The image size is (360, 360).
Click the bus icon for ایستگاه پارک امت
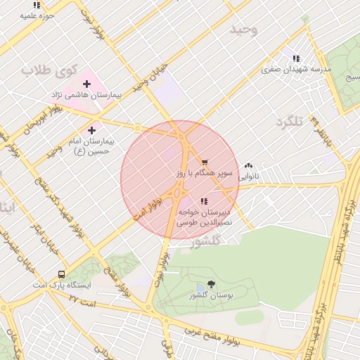pyautogui.click(x=61, y=275)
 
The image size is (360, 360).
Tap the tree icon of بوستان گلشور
pyautogui.click(x=212, y=285)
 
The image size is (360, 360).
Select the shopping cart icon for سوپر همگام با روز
pyautogui.click(x=204, y=162)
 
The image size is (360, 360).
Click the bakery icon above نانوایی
pyautogui.click(x=248, y=166)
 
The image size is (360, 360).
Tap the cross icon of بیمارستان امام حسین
pyautogui.click(x=91, y=130)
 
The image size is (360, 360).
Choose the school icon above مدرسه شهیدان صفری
pyautogui.click(x=296, y=58)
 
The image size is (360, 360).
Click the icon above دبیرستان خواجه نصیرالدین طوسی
pyautogui.click(x=204, y=201)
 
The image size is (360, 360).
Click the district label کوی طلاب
pyautogui.click(x=48, y=71)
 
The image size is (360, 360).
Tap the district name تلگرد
pyautogui.click(x=288, y=122)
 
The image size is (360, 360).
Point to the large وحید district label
pyautogui.click(x=244, y=30)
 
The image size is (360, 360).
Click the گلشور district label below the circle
pyautogui.click(x=206, y=241)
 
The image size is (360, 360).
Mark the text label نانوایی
pyautogui.click(x=248, y=176)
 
